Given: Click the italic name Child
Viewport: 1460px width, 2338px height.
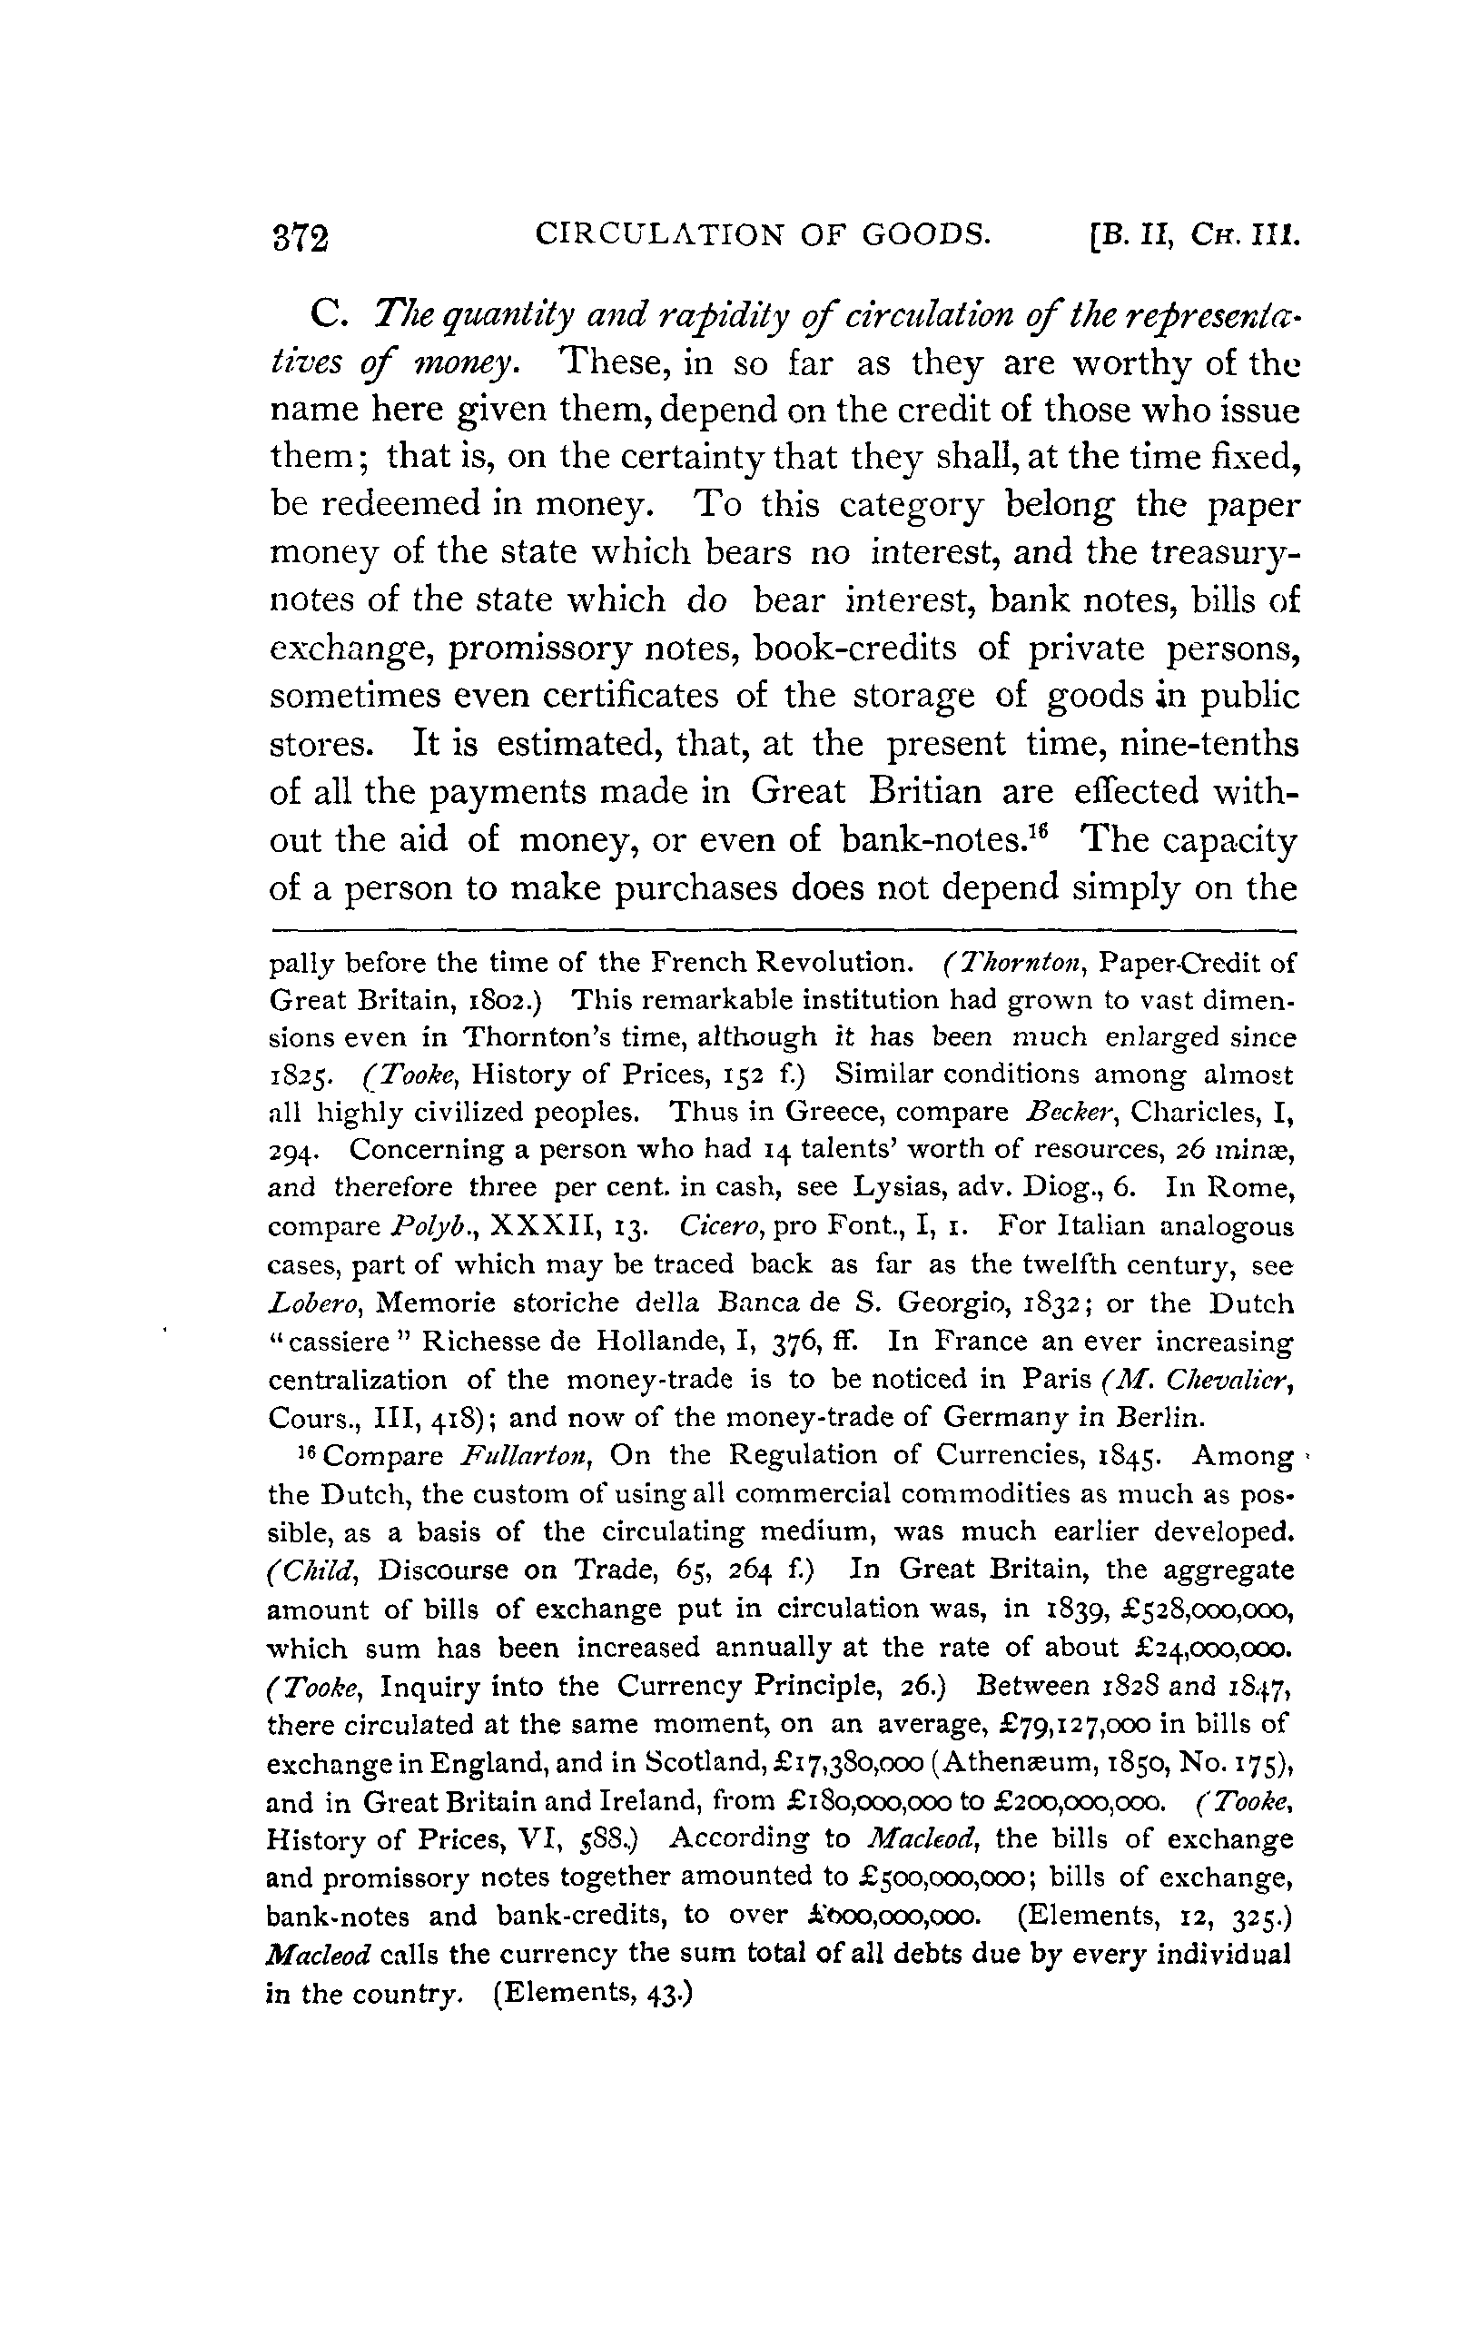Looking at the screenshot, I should tap(315, 1570).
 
